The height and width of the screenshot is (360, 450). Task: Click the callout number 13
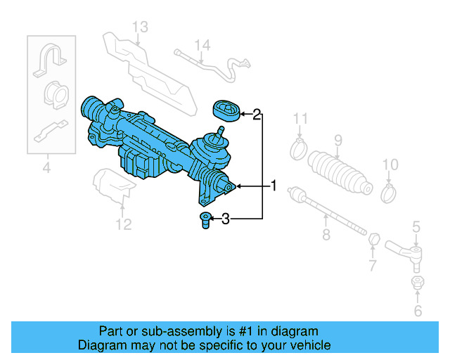point(140,27)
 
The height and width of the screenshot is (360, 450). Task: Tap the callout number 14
point(202,46)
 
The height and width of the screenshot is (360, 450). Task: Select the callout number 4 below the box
point(46,167)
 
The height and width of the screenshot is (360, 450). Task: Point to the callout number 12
point(124,225)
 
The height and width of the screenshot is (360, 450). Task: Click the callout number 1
point(274,186)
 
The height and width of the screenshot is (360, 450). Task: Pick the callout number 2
point(257,113)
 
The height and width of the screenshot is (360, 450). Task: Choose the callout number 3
point(225,220)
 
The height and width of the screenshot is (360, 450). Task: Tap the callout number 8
point(326,235)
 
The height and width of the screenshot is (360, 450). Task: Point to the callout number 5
point(416,226)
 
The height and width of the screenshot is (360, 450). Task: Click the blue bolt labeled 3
point(206,220)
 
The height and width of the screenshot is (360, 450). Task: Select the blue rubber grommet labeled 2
point(226,110)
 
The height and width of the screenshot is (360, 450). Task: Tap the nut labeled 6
point(416,283)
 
